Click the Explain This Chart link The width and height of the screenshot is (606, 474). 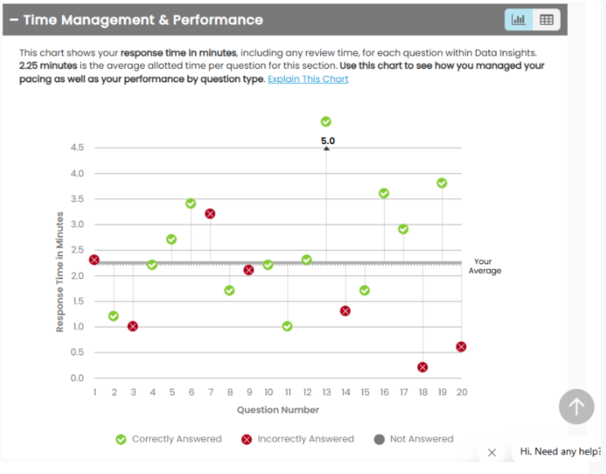[x=308, y=79]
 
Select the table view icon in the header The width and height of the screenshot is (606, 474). [x=547, y=20]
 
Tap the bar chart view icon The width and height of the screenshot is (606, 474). [x=519, y=20]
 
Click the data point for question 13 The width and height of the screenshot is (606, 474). [x=326, y=122]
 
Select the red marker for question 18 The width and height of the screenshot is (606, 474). [x=422, y=367]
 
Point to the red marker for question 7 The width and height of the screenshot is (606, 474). [x=210, y=214]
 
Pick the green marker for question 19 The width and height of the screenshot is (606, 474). [x=442, y=183]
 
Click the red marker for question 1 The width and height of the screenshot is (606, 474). [x=94, y=260]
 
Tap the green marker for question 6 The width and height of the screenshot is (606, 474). [x=191, y=203]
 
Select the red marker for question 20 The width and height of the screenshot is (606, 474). [x=461, y=346]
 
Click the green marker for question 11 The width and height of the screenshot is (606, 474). [x=287, y=326]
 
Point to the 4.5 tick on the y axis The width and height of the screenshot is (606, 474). [x=77, y=148]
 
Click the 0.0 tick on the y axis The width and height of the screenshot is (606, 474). [x=77, y=378]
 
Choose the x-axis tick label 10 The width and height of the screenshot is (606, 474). [x=268, y=393]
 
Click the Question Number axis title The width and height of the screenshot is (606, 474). [x=278, y=410]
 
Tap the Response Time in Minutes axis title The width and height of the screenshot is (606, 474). [x=60, y=272]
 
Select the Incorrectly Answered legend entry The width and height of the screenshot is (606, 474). [x=298, y=439]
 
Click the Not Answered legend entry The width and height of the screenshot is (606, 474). [x=414, y=439]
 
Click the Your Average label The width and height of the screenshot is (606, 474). [x=485, y=266]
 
